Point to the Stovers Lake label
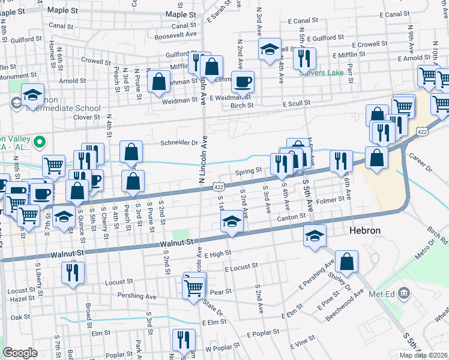322,73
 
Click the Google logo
20,352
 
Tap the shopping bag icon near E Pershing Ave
346,261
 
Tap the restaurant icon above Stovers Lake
304,58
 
